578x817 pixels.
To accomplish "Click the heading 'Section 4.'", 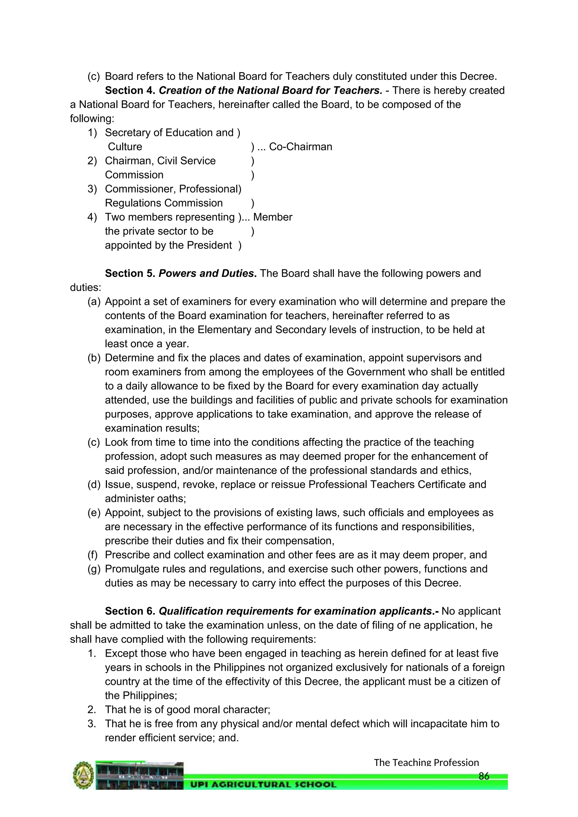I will tap(130, 90).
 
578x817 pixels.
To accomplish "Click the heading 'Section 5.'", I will tap(130, 273).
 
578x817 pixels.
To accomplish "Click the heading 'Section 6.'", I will tap(130, 611).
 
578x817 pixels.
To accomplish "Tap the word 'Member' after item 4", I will tap(273, 217).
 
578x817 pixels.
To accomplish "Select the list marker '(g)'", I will tap(94, 569).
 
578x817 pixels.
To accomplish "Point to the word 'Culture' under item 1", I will tap(125, 147).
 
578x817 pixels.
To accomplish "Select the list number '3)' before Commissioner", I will tap(92, 189).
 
